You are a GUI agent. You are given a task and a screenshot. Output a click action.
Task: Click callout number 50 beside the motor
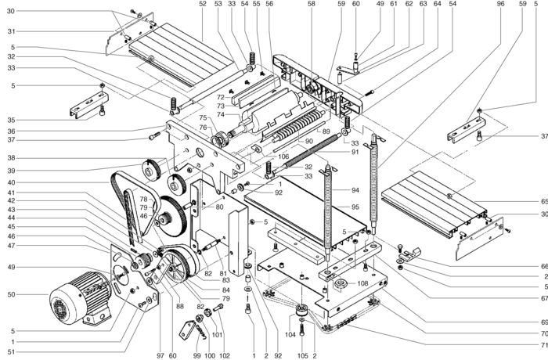[10, 295]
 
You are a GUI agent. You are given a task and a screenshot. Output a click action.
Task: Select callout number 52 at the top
[202, 4]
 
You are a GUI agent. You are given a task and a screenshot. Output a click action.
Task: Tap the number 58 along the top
[311, 4]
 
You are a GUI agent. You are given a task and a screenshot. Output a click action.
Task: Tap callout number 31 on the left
[11, 31]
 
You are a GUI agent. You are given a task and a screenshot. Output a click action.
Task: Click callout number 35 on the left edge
[11, 120]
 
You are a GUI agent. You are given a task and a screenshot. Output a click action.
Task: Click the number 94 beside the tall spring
[355, 190]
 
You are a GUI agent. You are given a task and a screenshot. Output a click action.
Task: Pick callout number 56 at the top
[269, 4]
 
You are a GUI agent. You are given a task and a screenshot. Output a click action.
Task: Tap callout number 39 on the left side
[11, 171]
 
